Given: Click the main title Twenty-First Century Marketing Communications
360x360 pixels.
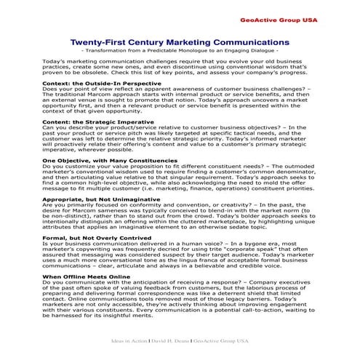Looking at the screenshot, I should [x=179, y=42].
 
